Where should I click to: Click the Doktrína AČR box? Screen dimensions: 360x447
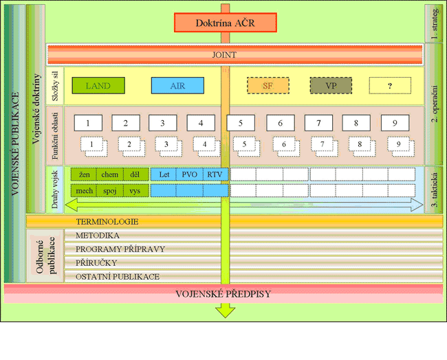(225, 23)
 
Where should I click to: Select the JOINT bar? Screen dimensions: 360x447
(235, 54)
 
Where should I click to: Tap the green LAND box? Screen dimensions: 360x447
(100, 86)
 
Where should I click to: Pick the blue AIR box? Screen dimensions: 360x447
(177, 86)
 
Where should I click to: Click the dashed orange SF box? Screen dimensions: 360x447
(268, 86)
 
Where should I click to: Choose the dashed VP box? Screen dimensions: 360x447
(331, 86)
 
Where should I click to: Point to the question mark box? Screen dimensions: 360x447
(390, 86)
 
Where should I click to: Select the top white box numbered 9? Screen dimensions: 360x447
(395, 124)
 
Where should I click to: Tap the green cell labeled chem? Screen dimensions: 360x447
(110, 175)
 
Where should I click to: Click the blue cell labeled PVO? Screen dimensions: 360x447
(189, 175)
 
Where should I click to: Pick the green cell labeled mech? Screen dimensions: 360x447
(84, 190)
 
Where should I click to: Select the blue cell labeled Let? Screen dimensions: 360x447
(164, 175)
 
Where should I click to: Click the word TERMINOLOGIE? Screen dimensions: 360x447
(107, 222)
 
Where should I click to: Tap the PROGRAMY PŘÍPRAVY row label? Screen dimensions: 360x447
(120, 249)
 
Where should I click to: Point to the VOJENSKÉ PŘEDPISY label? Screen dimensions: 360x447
(223, 294)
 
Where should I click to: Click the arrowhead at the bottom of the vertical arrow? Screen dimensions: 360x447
(224, 311)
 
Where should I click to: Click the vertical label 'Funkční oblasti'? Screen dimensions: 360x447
(56, 135)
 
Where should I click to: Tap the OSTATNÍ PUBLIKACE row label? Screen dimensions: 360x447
(118, 277)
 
